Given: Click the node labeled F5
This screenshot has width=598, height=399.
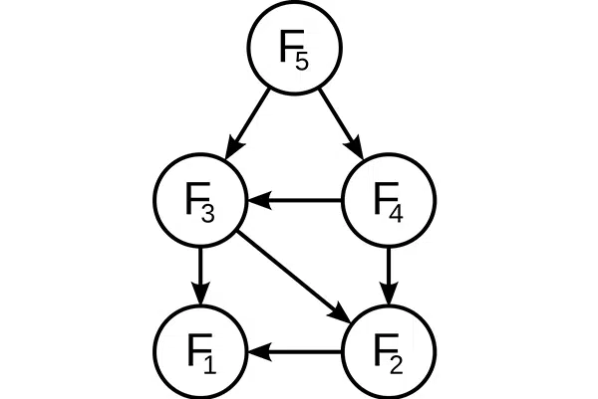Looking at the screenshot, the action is point(294,48).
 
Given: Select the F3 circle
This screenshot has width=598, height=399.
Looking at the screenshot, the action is point(200,200).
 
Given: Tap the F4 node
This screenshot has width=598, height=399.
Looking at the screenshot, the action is point(389,200).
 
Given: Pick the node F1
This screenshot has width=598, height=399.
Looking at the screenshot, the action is point(200,351).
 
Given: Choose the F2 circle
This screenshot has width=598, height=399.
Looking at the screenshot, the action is point(389,351).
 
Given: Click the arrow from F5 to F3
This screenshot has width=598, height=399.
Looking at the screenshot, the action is point(248,123).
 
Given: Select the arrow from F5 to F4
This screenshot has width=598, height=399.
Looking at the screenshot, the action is point(341,123).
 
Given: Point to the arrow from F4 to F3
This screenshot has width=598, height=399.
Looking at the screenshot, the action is point(294,200).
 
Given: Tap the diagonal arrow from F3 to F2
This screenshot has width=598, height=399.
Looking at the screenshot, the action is point(294,277).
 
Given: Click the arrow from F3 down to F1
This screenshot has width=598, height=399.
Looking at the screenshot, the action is point(200,277).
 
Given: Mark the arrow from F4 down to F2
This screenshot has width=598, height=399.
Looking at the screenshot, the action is point(389,277).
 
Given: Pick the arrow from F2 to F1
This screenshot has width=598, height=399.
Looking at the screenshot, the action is point(294,351).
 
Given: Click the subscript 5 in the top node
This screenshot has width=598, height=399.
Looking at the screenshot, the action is point(301,61).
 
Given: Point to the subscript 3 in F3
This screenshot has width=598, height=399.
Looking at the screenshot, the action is point(208,213).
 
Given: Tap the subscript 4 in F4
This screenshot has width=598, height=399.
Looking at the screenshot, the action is point(396,213).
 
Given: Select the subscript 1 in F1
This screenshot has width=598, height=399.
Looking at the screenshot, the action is point(209,364).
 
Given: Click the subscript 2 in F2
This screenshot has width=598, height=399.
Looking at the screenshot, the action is point(396,364).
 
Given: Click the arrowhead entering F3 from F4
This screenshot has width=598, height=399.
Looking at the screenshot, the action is point(259,200).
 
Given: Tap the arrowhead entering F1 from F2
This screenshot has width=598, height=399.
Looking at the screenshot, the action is point(259,351).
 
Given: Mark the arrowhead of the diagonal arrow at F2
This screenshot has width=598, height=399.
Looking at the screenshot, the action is point(341,313).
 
